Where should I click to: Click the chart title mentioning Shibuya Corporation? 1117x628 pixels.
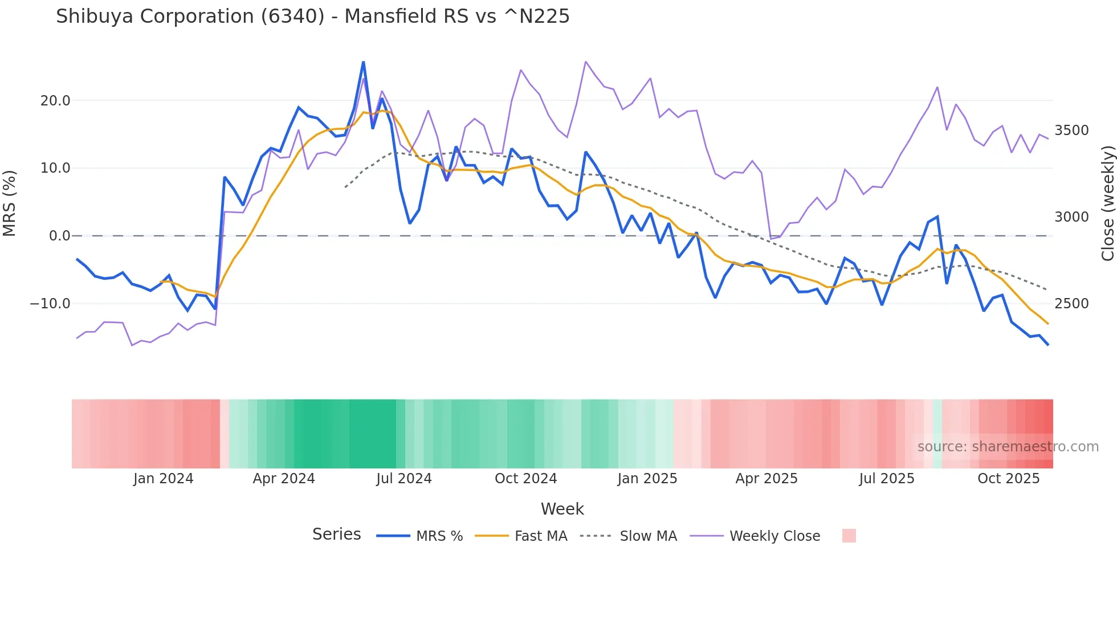312,17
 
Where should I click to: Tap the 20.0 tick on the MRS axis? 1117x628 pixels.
55,101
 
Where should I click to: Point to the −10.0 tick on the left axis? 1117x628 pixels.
50,304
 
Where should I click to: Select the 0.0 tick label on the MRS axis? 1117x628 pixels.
60,236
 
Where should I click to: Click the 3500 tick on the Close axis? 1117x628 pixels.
1071,131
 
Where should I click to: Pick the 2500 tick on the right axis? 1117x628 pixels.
1071,304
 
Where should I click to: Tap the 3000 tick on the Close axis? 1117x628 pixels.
1071,217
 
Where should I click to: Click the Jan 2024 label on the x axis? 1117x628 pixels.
164,479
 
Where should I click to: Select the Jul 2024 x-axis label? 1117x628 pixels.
404,479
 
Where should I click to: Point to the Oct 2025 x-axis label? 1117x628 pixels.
1009,479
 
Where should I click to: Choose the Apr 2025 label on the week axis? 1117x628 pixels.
767,479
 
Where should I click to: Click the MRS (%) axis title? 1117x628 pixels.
10,203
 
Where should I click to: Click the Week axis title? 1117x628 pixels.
562,509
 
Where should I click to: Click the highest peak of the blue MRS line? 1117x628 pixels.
364,62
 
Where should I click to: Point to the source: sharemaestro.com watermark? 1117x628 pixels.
1008,447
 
